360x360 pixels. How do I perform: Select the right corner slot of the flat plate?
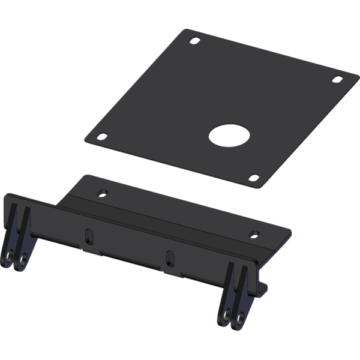[x=337, y=79]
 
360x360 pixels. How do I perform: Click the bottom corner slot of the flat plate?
[x=254, y=178]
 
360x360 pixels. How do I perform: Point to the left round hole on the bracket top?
[x=102, y=193]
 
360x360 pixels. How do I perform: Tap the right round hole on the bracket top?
[x=254, y=232]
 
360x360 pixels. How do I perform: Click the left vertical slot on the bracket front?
[x=89, y=235]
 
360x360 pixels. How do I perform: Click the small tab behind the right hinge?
[x=265, y=288]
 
